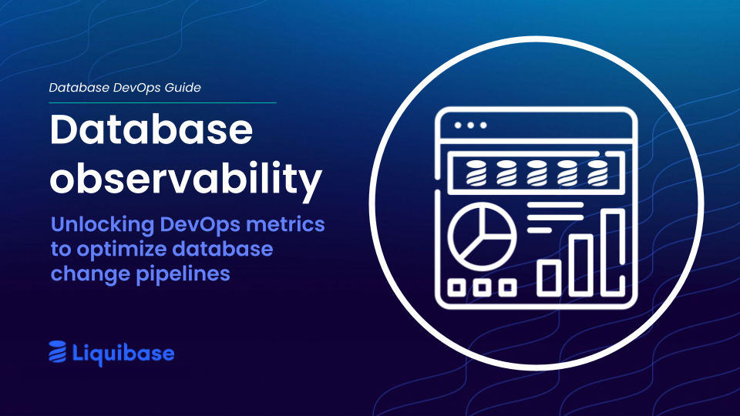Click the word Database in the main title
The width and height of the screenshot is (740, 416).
151,131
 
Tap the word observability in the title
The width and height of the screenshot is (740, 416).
185,179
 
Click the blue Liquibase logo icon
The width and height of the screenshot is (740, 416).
58,353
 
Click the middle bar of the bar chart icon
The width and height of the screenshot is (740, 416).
580,264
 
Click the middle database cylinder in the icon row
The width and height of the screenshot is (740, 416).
537,173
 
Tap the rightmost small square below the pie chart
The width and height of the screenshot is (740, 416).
507,288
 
